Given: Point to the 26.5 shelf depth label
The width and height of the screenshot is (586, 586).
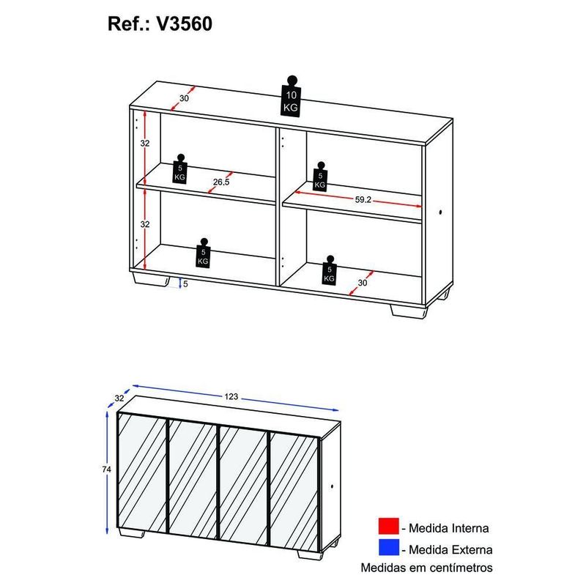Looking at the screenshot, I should (x=221, y=182).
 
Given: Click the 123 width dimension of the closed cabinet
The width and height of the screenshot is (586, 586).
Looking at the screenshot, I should (x=232, y=396).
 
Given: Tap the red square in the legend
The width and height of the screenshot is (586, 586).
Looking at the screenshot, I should (x=387, y=527).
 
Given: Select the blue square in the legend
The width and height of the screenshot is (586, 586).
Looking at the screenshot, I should (x=387, y=549).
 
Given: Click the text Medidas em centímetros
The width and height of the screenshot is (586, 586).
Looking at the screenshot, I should (x=426, y=568).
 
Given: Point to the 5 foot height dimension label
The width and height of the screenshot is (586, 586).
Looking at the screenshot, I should (x=185, y=283).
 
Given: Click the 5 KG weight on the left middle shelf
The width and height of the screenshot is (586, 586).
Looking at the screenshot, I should (x=180, y=170).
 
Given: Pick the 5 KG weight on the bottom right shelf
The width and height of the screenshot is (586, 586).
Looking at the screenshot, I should (x=330, y=271).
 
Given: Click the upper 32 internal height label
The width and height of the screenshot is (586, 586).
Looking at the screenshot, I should (x=145, y=144).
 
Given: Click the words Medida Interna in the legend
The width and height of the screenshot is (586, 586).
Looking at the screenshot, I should (x=450, y=527).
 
